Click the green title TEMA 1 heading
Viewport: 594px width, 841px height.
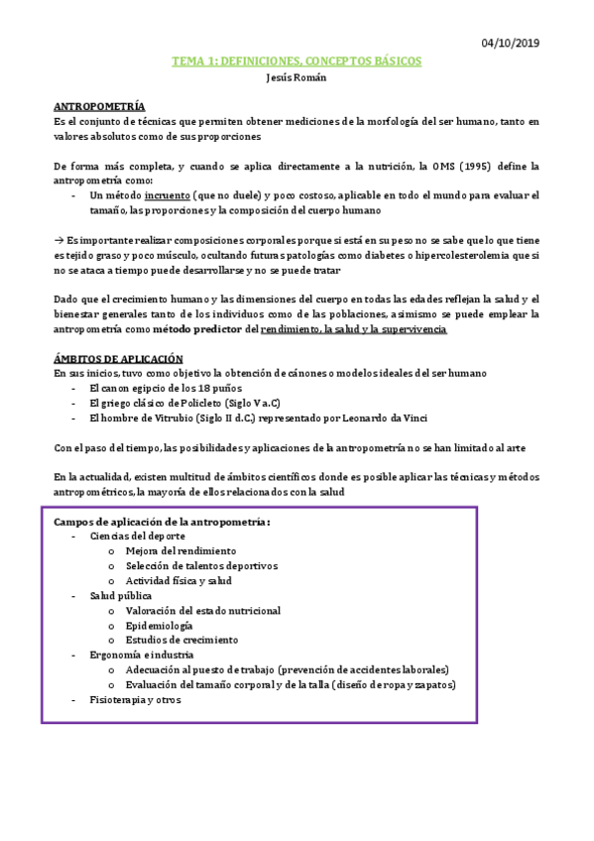[x=297, y=61]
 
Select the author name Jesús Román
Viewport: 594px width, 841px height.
[x=297, y=78]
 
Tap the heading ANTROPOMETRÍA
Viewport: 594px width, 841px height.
[x=99, y=105]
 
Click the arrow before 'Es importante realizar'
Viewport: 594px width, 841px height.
[x=58, y=240]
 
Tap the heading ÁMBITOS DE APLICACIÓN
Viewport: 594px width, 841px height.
[x=118, y=358]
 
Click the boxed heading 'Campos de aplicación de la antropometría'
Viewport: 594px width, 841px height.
[x=162, y=522]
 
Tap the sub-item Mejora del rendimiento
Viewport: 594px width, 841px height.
[x=180, y=551]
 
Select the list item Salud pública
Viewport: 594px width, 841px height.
[x=120, y=596]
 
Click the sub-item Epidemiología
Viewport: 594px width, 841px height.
[x=159, y=626]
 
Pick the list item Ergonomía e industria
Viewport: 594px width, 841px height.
[x=142, y=656]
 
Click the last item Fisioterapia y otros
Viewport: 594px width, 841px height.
[x=135, y=700]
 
